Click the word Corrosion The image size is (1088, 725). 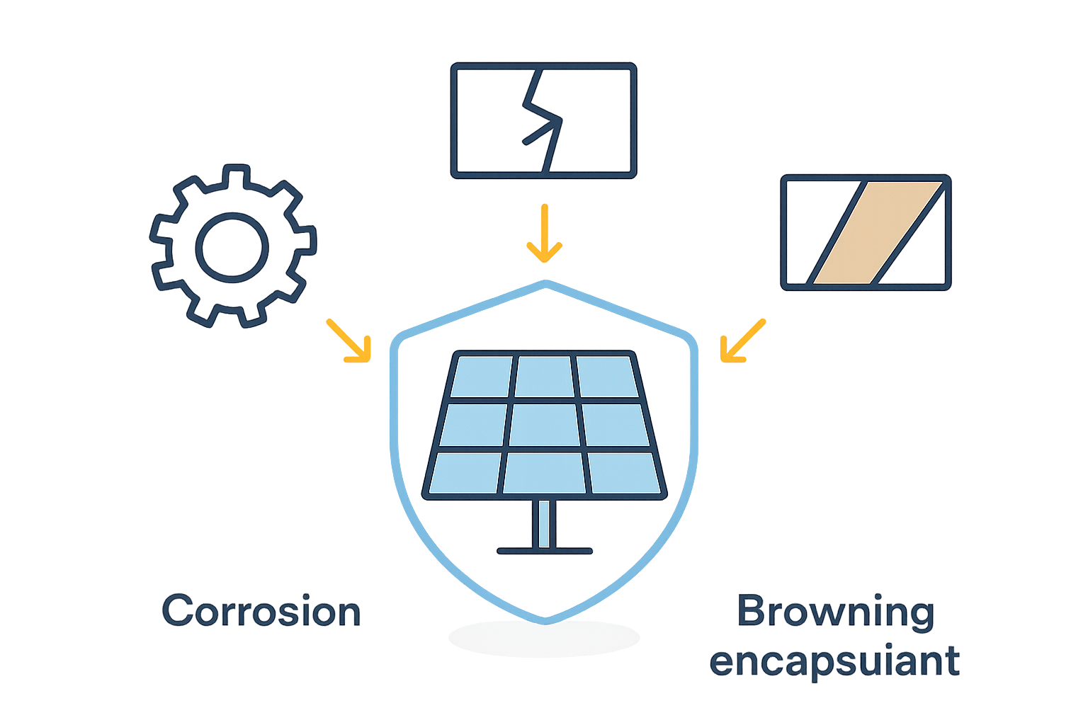(x=261, y=610)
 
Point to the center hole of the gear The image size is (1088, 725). (x=232, y=247)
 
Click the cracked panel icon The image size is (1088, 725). (x=543, y=120)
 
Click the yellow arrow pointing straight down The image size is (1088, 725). (x=545, y=233)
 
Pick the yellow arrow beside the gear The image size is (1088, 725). (x=348, y=341)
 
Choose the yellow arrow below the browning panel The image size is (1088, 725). (x=742, y=341)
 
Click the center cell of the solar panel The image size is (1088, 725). (x=545, y=425)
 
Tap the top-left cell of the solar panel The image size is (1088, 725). (x=482, y=377)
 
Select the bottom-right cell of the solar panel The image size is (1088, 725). (x=624, y=473)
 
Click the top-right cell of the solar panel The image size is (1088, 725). (x=608, y=377)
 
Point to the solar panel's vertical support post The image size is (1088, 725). (x=544, y=523)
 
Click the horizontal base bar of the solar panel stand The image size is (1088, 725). (x=545, y=551)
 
